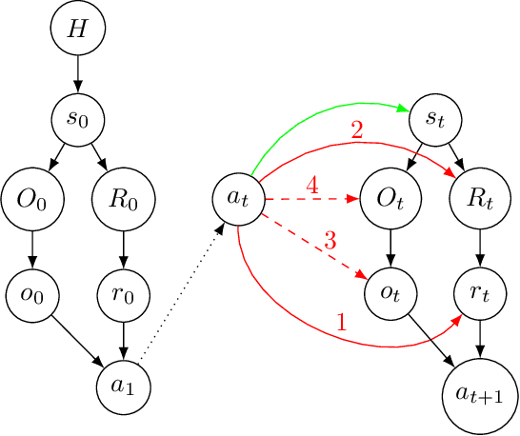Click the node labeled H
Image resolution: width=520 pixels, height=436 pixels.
point(76,30)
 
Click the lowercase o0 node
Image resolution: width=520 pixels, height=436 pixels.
point(33,295)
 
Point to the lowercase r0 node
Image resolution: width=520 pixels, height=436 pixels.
point(121,295)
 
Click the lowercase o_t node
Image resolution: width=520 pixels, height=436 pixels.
point(391,295)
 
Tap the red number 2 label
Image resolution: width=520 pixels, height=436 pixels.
point(357,131)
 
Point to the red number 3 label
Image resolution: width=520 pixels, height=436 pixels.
point(330,241)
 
